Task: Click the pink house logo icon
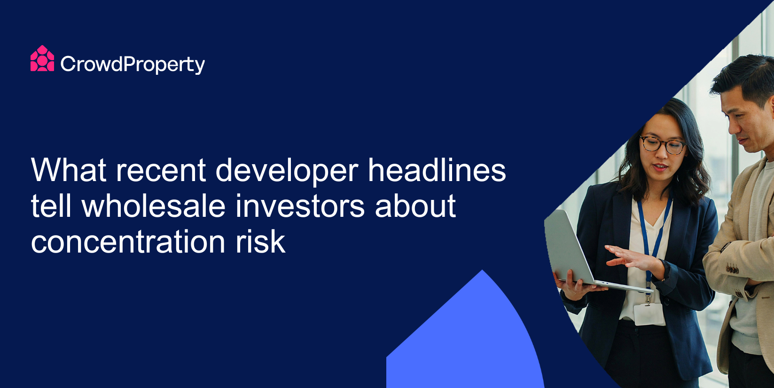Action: (42, 58)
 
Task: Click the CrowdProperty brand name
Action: (133, 64)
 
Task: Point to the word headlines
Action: (437, 170)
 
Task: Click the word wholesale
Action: (153, 206)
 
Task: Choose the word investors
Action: (300, 206)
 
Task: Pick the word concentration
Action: (128, 242)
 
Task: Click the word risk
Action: (260, 241)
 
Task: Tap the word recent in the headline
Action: (161, 171)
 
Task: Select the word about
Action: (415, 206)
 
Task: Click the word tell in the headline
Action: (51, 206)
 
